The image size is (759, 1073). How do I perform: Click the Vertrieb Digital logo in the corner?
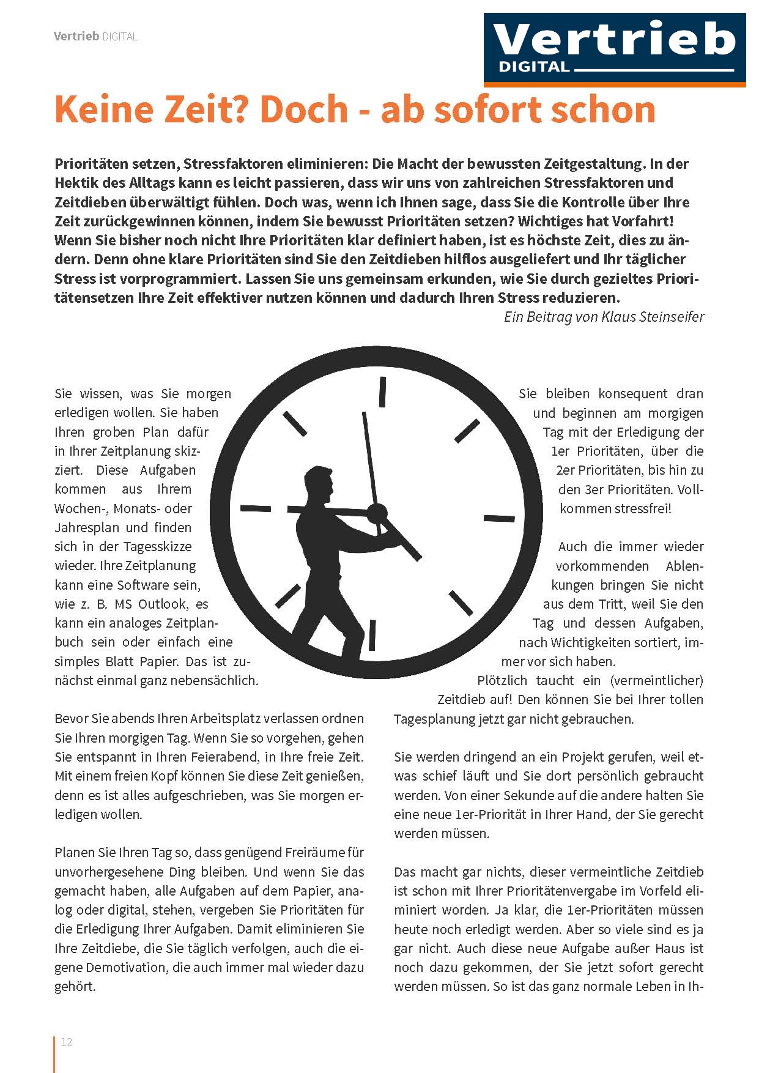(614, 49)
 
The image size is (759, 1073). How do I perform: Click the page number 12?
(67, 1042)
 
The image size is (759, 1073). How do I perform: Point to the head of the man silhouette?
(320, 483)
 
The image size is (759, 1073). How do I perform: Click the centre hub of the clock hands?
(377, 512)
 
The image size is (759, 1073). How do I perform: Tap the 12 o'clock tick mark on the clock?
(383, 392)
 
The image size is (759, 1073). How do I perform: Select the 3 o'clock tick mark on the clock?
(499, 519)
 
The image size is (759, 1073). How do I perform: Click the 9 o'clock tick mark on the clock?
(256, 508)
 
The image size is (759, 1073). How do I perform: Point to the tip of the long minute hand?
(364, 414)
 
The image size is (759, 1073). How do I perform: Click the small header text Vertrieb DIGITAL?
(95, 37)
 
